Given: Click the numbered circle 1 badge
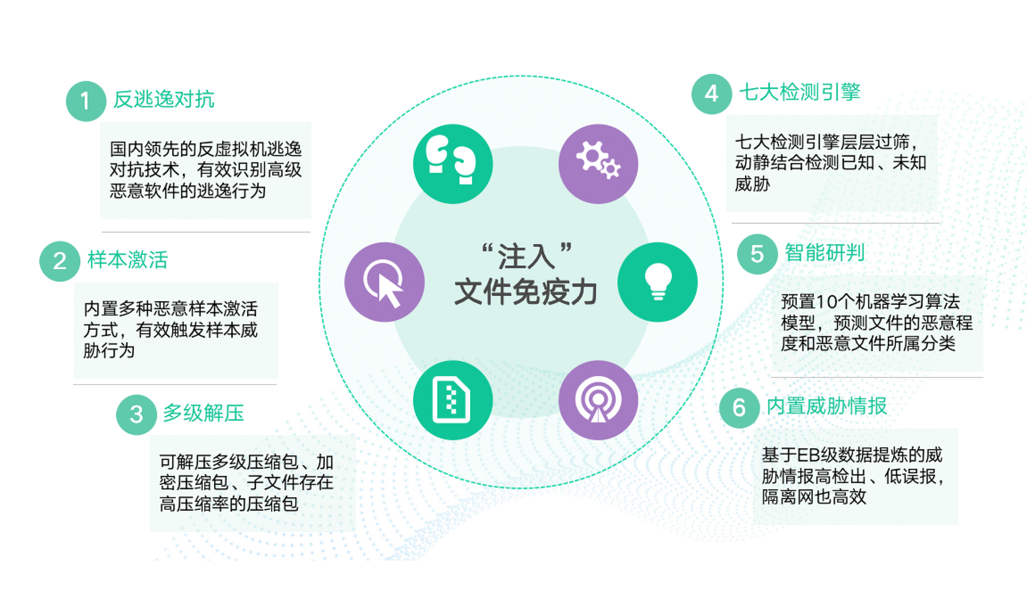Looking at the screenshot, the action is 86,101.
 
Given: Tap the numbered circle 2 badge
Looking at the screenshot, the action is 60,261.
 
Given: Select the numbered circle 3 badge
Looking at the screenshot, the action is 137,414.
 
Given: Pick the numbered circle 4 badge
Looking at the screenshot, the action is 712,94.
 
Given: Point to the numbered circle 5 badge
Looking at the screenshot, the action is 758,254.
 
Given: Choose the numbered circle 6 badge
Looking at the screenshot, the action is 740,408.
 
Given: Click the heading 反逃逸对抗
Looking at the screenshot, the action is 164,99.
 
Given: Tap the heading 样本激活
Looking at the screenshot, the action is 128,260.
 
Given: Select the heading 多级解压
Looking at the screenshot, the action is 204,413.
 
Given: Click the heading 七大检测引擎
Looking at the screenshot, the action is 800,92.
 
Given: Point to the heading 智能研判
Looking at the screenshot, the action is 825,252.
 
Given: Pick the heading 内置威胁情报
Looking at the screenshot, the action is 827,406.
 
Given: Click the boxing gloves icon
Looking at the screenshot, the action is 453,164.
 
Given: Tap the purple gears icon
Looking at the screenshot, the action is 598,164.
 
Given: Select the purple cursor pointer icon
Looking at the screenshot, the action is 384,282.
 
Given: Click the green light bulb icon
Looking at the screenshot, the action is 658,282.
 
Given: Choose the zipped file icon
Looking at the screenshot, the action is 453,400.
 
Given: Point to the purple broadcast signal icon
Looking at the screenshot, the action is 598,400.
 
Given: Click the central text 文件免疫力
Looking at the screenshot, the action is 526,292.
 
